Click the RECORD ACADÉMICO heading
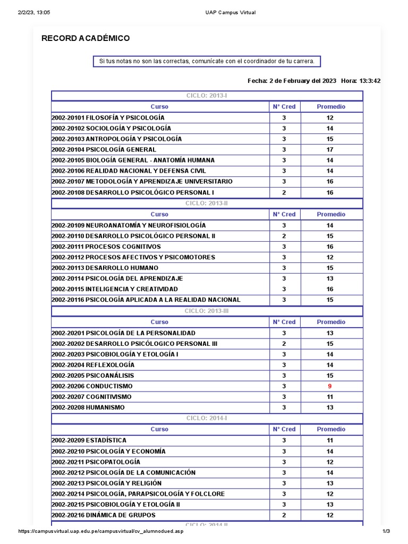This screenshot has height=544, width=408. click(86, 38)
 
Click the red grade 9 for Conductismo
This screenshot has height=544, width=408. click(330, 386)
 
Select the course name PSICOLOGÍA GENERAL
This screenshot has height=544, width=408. click(121, 149)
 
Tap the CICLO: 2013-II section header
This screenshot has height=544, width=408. click(207, 203)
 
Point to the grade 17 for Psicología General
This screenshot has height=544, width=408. click(330, 149)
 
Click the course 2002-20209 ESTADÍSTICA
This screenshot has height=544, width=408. click(89, 440)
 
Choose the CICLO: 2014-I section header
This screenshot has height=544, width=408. click(207, 418)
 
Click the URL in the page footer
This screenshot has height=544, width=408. click(101, 532)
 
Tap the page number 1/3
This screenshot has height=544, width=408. click(386, 532)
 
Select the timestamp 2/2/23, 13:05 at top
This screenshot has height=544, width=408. click(35, 12)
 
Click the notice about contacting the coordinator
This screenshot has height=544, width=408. click(207, 62)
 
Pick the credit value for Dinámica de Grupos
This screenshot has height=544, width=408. click(284, 515)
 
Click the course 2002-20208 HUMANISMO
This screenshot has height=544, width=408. click(88, 407)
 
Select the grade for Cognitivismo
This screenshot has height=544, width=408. click(330, 397)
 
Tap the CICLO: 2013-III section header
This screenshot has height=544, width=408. click(207, 311)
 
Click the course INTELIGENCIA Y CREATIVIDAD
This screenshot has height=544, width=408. click(132, 289)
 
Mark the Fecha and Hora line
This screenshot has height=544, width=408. click(314, 81)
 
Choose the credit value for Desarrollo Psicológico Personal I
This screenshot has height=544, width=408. click(284, 192)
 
